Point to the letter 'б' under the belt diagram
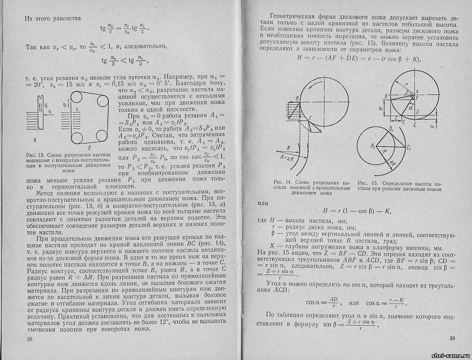point(89,149)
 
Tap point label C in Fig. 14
point(310,118)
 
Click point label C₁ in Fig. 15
point(408,148)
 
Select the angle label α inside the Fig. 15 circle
point(410,106)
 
